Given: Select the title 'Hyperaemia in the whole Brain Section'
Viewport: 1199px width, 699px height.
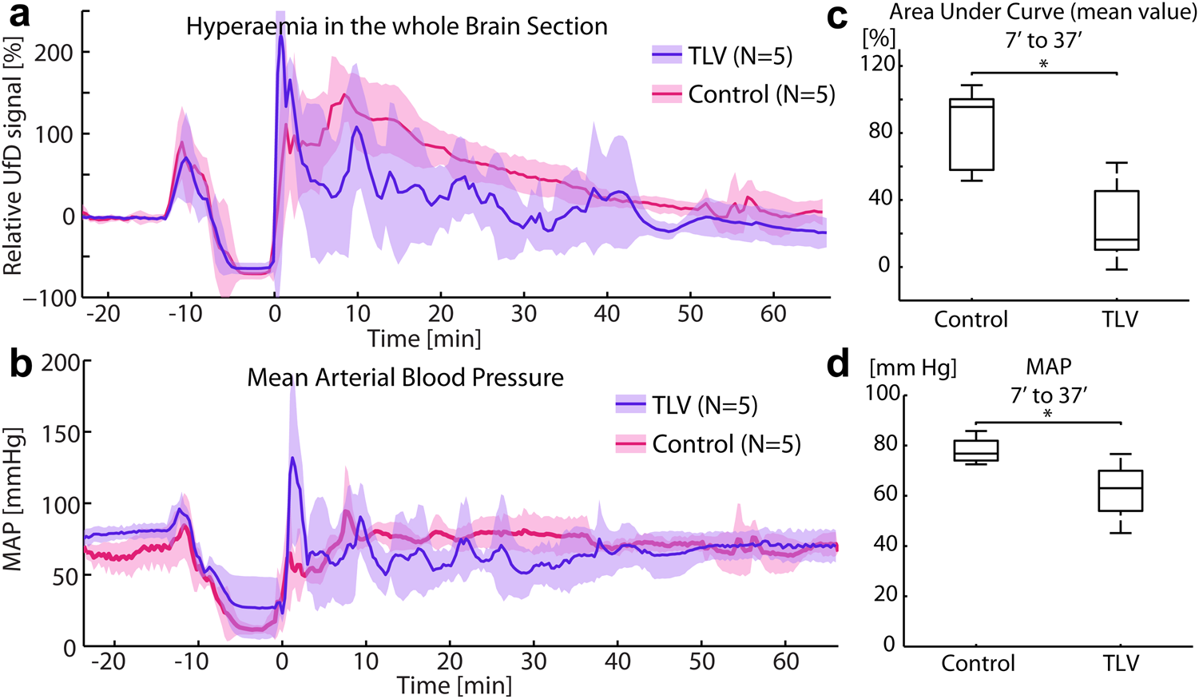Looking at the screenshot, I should pyautogui.click(x=396, y=26).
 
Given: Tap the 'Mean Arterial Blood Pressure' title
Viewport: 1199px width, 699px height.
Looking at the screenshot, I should pyautogui.click(x=405, y=377).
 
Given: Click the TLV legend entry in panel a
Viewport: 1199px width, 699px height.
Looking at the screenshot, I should pyautogui.click(x=722, y=56).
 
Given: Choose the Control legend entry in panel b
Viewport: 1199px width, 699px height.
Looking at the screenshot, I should pyautogui.click(x=707, y=444).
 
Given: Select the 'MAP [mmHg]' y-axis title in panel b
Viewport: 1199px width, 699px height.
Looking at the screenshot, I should pyautogui.click(x=13, y=498).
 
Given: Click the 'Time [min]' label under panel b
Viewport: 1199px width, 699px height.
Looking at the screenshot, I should pyautogui.click(x=455, y=685).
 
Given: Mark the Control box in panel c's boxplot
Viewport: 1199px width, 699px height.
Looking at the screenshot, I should pyautogui.click(x=971, y=134).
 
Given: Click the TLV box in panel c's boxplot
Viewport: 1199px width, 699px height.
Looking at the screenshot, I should pyautogui.click(x=1116, y=220).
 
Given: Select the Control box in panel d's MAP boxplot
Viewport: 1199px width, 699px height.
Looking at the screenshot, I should pyautogui.click(x=975, y=451).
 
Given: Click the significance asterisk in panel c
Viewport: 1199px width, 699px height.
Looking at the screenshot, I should pyautogui.click(x=1043, y=64).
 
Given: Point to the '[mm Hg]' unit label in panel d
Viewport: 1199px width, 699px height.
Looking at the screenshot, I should pyautogui.click(x=912, y=367).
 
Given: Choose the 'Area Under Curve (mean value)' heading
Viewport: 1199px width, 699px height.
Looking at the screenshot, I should pyautogui.click(x=1042, y=12).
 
